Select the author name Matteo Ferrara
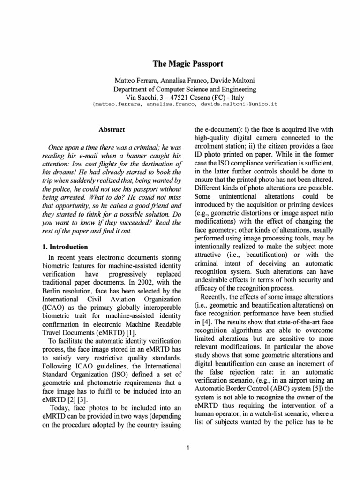137,81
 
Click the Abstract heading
112,129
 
